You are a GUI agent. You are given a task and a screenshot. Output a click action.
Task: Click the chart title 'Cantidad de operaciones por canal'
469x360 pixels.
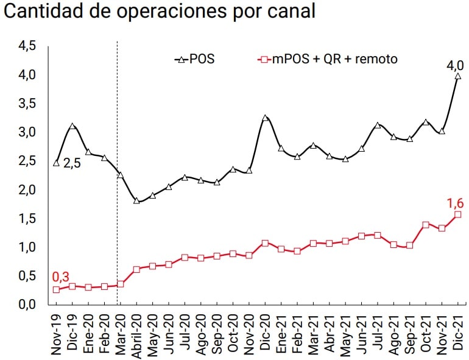tap(160, 13)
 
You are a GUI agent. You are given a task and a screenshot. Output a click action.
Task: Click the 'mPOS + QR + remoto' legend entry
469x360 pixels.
tap(329, 59)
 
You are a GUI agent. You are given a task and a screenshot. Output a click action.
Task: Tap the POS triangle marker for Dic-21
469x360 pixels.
tap(458, 76)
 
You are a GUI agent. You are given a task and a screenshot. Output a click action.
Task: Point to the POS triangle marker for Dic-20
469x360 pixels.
tap(265, 118)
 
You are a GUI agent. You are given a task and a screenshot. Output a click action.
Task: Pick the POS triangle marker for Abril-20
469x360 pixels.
tap(136, 200)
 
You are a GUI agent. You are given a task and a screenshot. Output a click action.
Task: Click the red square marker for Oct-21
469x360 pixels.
tap(426, 225)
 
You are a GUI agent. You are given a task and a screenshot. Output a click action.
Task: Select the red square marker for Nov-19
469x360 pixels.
tap(56, 289)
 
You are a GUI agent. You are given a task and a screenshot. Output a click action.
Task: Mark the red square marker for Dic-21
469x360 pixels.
tap(458, 214)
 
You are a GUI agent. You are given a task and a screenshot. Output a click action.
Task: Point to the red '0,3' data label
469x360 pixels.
tap(60, 278)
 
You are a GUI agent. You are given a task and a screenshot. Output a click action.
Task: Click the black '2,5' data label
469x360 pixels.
tap(72, 163)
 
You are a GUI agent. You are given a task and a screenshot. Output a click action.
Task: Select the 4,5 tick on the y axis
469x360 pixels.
tap(27, 46)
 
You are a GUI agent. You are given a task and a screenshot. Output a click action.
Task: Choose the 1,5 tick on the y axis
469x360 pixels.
tap(27, 219)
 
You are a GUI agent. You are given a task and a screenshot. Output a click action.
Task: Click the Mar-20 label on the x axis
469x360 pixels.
tap(121, 333)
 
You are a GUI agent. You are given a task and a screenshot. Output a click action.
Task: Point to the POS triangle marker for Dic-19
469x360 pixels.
tap(72, 127)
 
